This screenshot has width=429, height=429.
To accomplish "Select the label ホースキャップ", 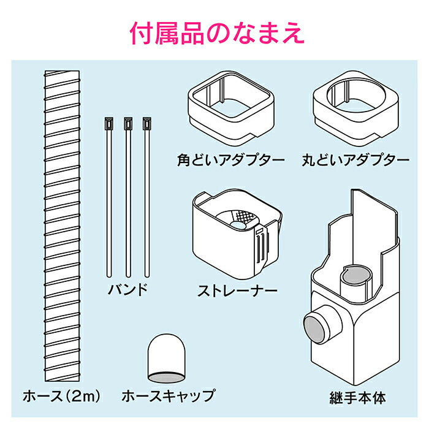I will pyautogui.click(x=169, y=395).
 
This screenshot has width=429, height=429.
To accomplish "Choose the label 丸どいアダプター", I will pyautogui.click(x=355, y=161).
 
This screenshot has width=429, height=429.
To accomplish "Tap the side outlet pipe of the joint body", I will pyautogui.click(x=319, y=320).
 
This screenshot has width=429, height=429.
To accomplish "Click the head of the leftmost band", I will pyautogui.click(x=108, y=124).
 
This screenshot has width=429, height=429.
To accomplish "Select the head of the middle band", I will pyautogui.click(x=127, y=124).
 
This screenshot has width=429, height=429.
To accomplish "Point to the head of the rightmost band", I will pyautogui.click(x=146, y=124).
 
